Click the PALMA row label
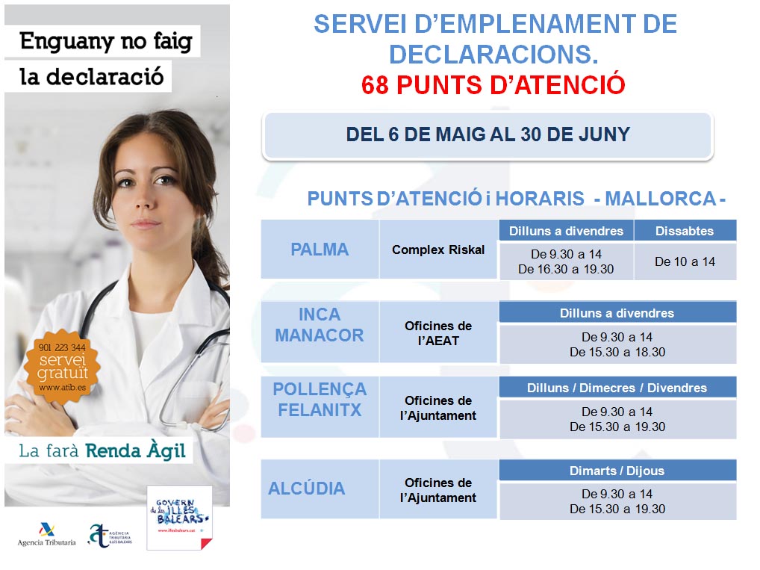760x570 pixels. [320, 250]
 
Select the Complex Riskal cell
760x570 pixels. [438, 250]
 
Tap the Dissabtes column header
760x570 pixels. [685, 231]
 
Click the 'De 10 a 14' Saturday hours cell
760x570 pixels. [685, 261]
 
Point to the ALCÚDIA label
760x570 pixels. [307, 489]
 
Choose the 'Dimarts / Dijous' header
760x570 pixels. [617, 471]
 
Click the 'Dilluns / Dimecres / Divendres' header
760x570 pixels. [617, 388]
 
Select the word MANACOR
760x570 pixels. [320, 335]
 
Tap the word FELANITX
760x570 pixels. [320, 410]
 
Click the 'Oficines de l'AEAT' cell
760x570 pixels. [438, 333]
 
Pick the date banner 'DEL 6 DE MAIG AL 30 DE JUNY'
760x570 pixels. [488, 135]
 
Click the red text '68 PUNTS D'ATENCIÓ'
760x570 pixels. [493, 85]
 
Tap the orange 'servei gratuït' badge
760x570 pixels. [63, 365]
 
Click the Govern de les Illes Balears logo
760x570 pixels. [178, 517]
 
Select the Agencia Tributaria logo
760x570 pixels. [46, 532]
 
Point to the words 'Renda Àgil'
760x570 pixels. [136, 451]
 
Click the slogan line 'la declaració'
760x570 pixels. [91, 77]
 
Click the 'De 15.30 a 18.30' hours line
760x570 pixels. [617, 352]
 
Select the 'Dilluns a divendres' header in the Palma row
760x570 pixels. [566, 231]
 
